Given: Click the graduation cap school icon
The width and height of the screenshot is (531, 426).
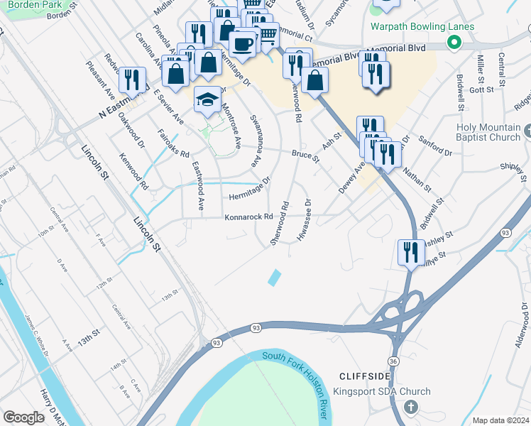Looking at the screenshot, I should point(208,99).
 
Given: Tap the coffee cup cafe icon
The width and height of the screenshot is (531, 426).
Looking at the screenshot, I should point(243,43).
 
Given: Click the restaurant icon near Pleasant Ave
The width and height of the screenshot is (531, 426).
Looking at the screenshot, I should point(132,80).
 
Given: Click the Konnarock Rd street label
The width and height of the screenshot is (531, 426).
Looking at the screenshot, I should point(249,217).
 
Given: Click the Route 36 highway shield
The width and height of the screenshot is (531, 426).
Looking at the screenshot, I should point(393,361).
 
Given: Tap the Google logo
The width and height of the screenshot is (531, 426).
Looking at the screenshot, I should point(23,417).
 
